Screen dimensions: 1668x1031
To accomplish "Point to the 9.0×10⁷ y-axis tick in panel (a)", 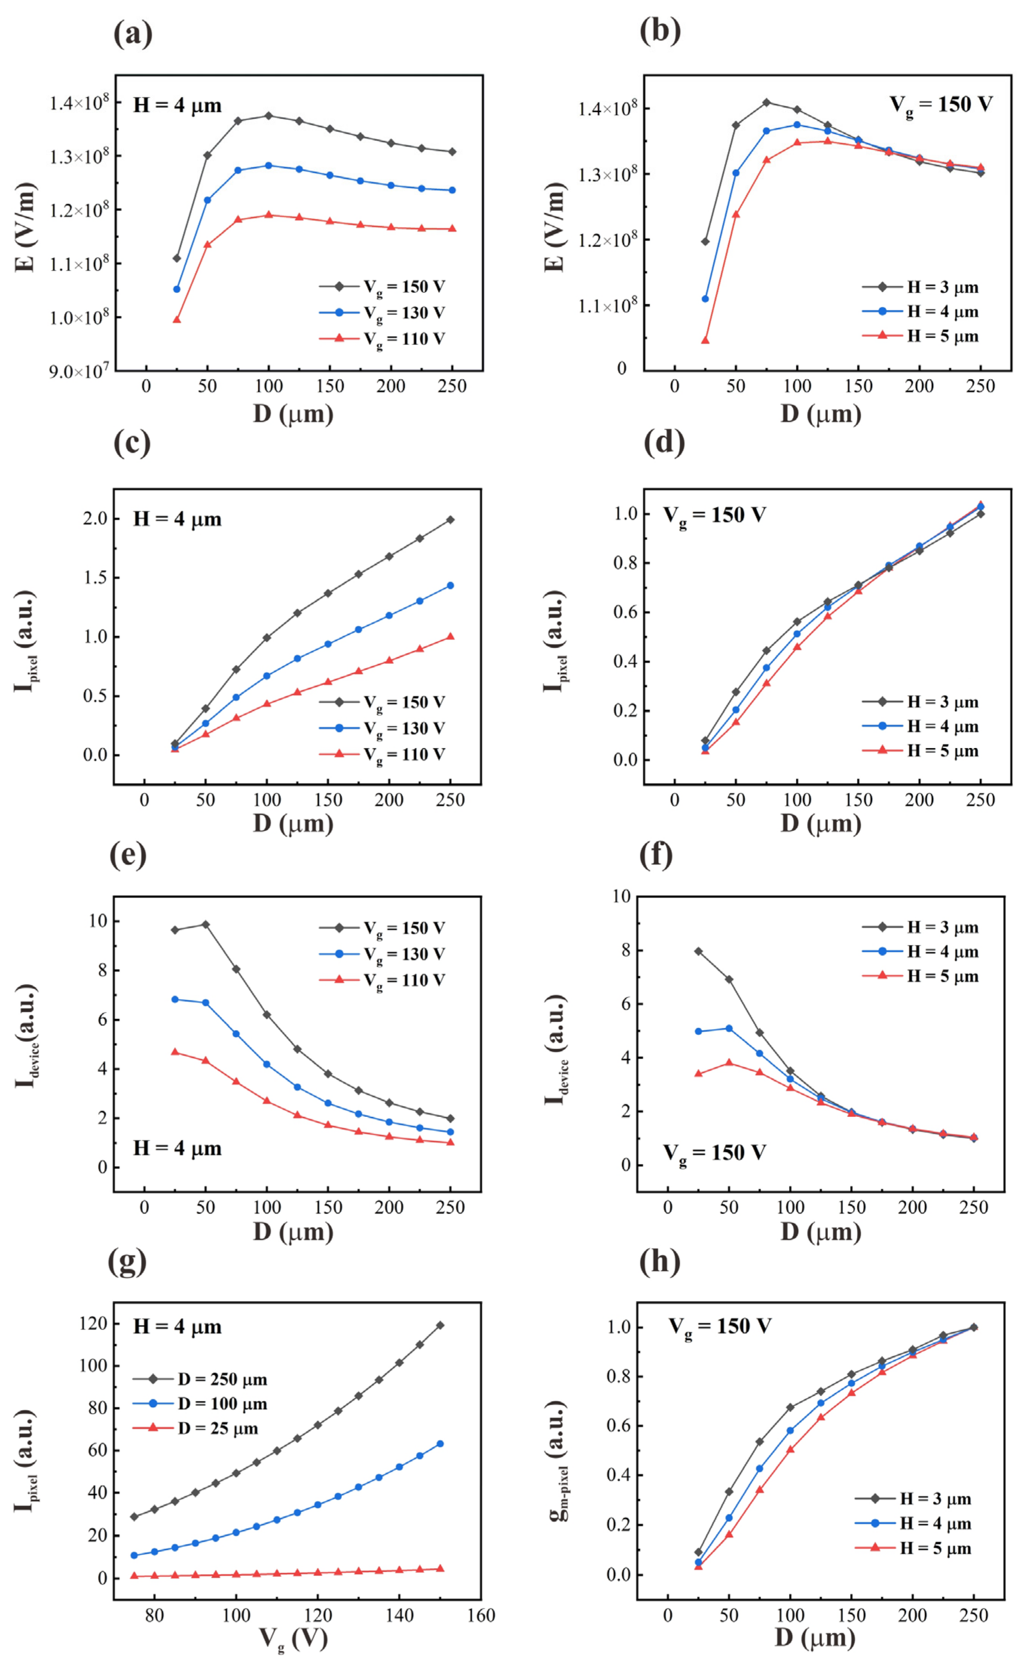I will [78, 372].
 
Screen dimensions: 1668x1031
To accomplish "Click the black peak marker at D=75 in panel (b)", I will [766, 102].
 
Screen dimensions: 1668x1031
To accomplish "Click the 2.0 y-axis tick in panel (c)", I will [95, 518].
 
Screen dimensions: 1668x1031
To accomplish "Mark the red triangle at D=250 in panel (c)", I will [450, 636].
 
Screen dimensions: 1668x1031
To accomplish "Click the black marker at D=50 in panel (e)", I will [205, 924].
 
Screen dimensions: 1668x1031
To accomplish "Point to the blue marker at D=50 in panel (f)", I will [729, 1028].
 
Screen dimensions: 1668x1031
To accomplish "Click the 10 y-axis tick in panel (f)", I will [621, 896].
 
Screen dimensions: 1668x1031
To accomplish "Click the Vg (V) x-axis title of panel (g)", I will [293, 1639].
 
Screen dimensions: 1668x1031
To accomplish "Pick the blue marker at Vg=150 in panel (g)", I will [440, 1444].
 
